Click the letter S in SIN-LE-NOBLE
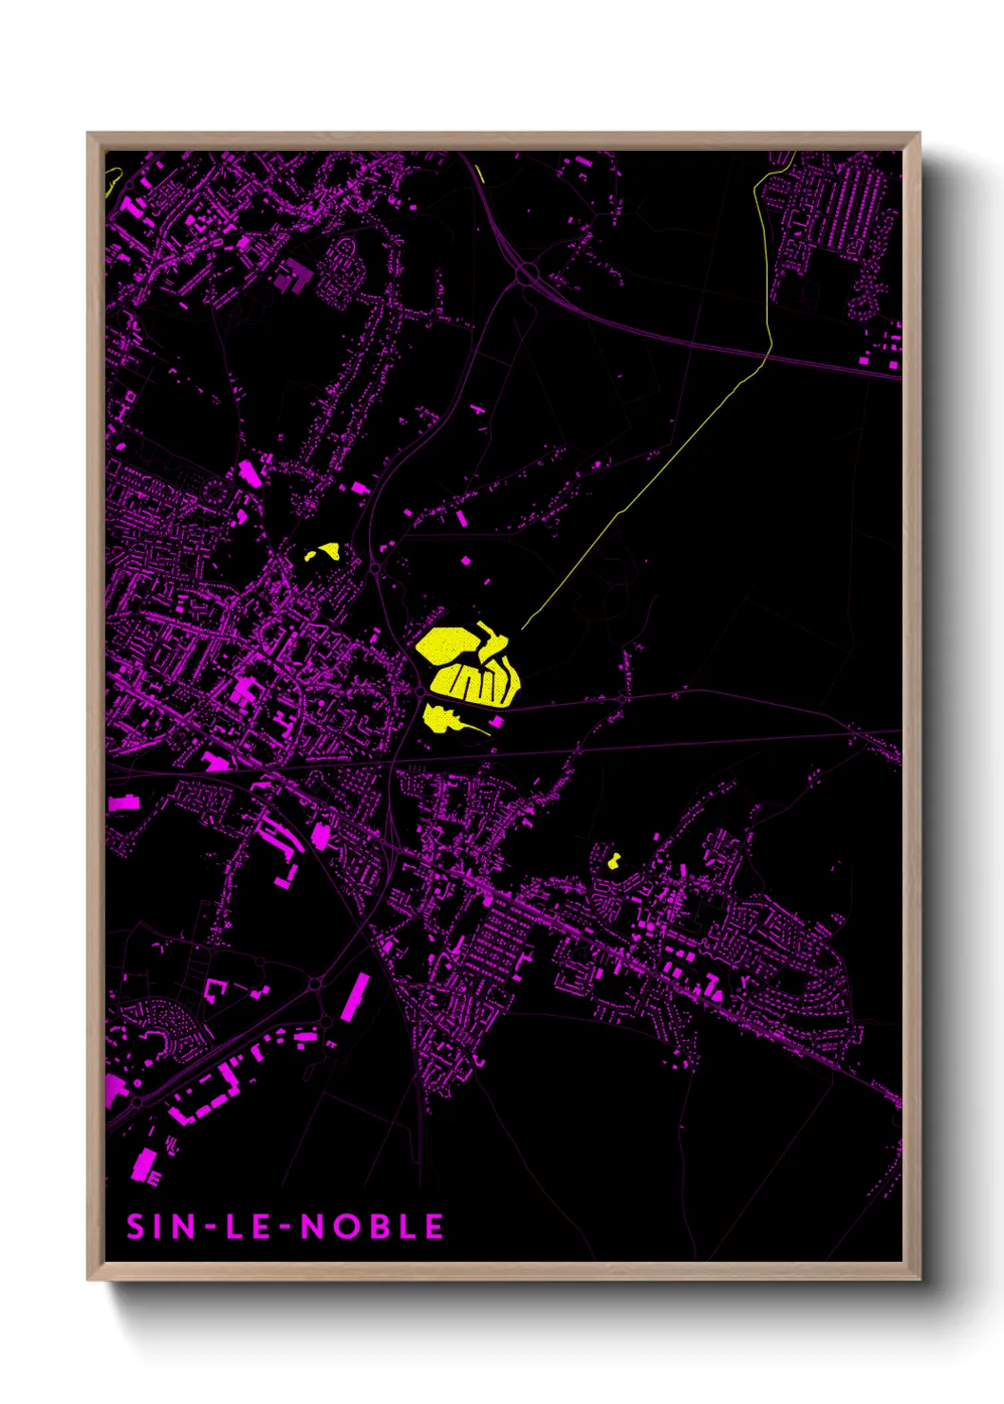pos(135,1227)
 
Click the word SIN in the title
pos(160,1227)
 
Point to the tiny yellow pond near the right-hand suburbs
pos(614,861)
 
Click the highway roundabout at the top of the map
pos(528,275)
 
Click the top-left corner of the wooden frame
pos(89,135)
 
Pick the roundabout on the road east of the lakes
pos(622,698)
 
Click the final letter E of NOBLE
pos(434,1227)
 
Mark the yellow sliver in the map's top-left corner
pos(113,177)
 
